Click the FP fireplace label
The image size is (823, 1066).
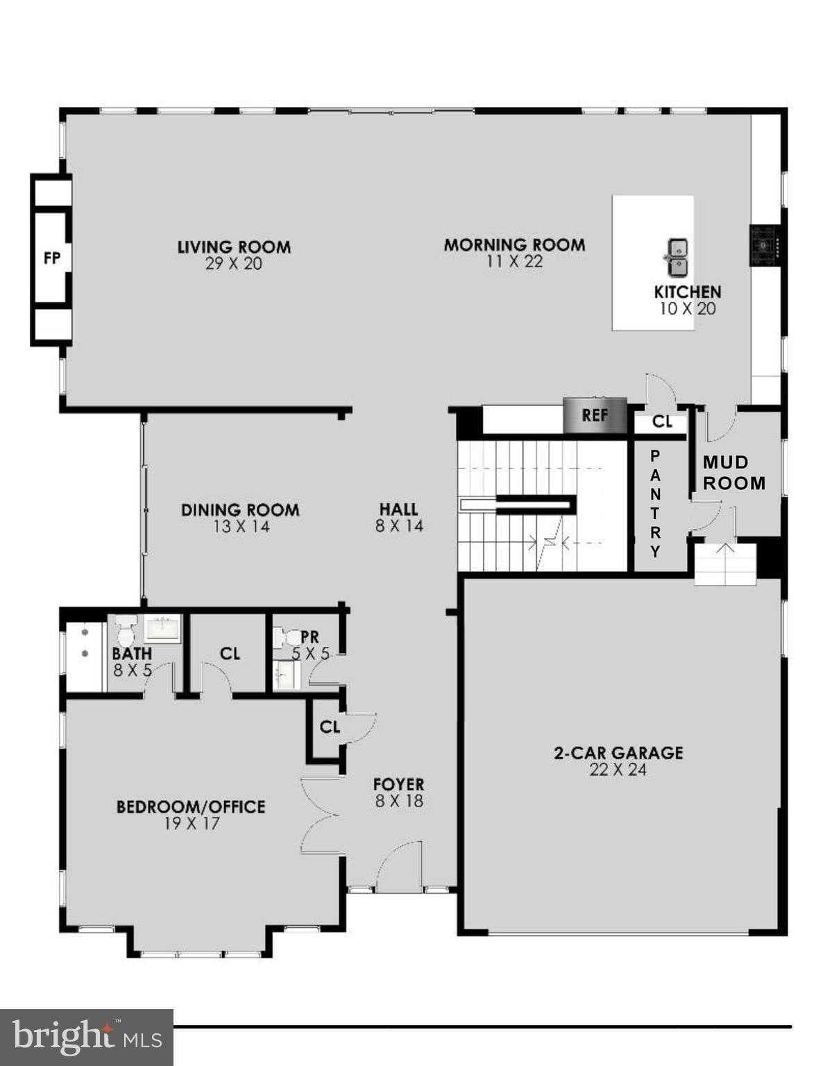point(51,258)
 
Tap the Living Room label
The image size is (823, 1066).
point(234,247)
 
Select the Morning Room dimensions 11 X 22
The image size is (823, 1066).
point(514,262)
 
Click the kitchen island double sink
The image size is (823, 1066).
point(677,256)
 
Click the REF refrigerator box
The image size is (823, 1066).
point(595,415)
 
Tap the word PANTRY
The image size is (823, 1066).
point(655,504)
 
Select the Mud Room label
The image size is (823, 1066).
point(734,473)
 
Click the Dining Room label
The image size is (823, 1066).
point(240,510)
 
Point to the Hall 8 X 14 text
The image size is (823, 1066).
point(399,526)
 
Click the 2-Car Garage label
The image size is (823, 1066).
point(618,753)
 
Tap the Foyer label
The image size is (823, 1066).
point(398,784)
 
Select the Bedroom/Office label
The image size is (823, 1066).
point(191,807)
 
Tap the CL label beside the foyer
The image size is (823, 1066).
point(330,727)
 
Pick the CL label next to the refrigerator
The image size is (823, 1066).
point(662,422)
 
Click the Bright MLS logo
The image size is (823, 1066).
point(86,1037)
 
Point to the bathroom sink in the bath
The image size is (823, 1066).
point(163,629)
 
